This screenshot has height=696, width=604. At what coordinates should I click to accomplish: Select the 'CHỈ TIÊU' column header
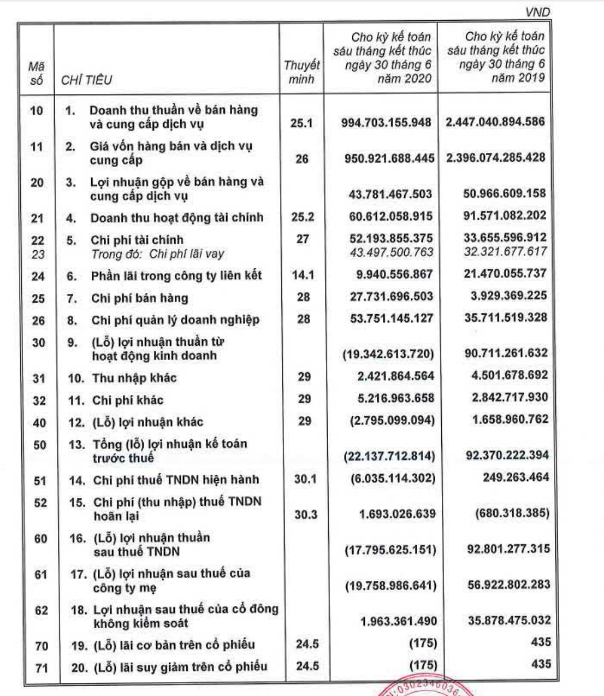(x=87, y=80)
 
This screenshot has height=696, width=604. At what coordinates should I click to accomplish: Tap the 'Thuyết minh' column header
(x=301, y=72)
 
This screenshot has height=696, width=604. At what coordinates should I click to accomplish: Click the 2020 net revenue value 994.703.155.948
(x=386, y=122)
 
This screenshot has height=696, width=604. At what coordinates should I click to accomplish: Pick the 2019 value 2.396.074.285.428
(x=495, y=158)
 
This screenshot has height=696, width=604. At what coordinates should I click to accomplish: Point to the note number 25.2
(x=303, y=217)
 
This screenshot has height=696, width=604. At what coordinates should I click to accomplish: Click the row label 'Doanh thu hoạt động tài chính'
(x=177, y=218)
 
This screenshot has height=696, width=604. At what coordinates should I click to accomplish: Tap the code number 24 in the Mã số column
(x=38, y=276)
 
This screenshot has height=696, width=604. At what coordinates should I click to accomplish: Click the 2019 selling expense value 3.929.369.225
(x=505, y=296)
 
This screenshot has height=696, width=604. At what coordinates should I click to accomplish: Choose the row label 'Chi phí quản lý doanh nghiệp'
(x=175, y=320)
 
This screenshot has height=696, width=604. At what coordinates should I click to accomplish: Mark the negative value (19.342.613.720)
(x=388, y=354)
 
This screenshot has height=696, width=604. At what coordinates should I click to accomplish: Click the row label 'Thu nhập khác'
(x=134, y=378)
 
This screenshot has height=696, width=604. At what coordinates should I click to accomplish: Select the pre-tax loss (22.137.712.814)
(x=389, y=456)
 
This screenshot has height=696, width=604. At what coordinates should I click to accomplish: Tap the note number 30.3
(x=305, y=514)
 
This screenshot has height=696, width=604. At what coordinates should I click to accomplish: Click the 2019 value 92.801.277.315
(x=507, y=548)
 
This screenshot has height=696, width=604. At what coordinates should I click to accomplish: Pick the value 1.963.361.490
(x=398, y=621)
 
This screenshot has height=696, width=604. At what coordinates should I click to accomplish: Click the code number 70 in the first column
(x=41, y=646)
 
